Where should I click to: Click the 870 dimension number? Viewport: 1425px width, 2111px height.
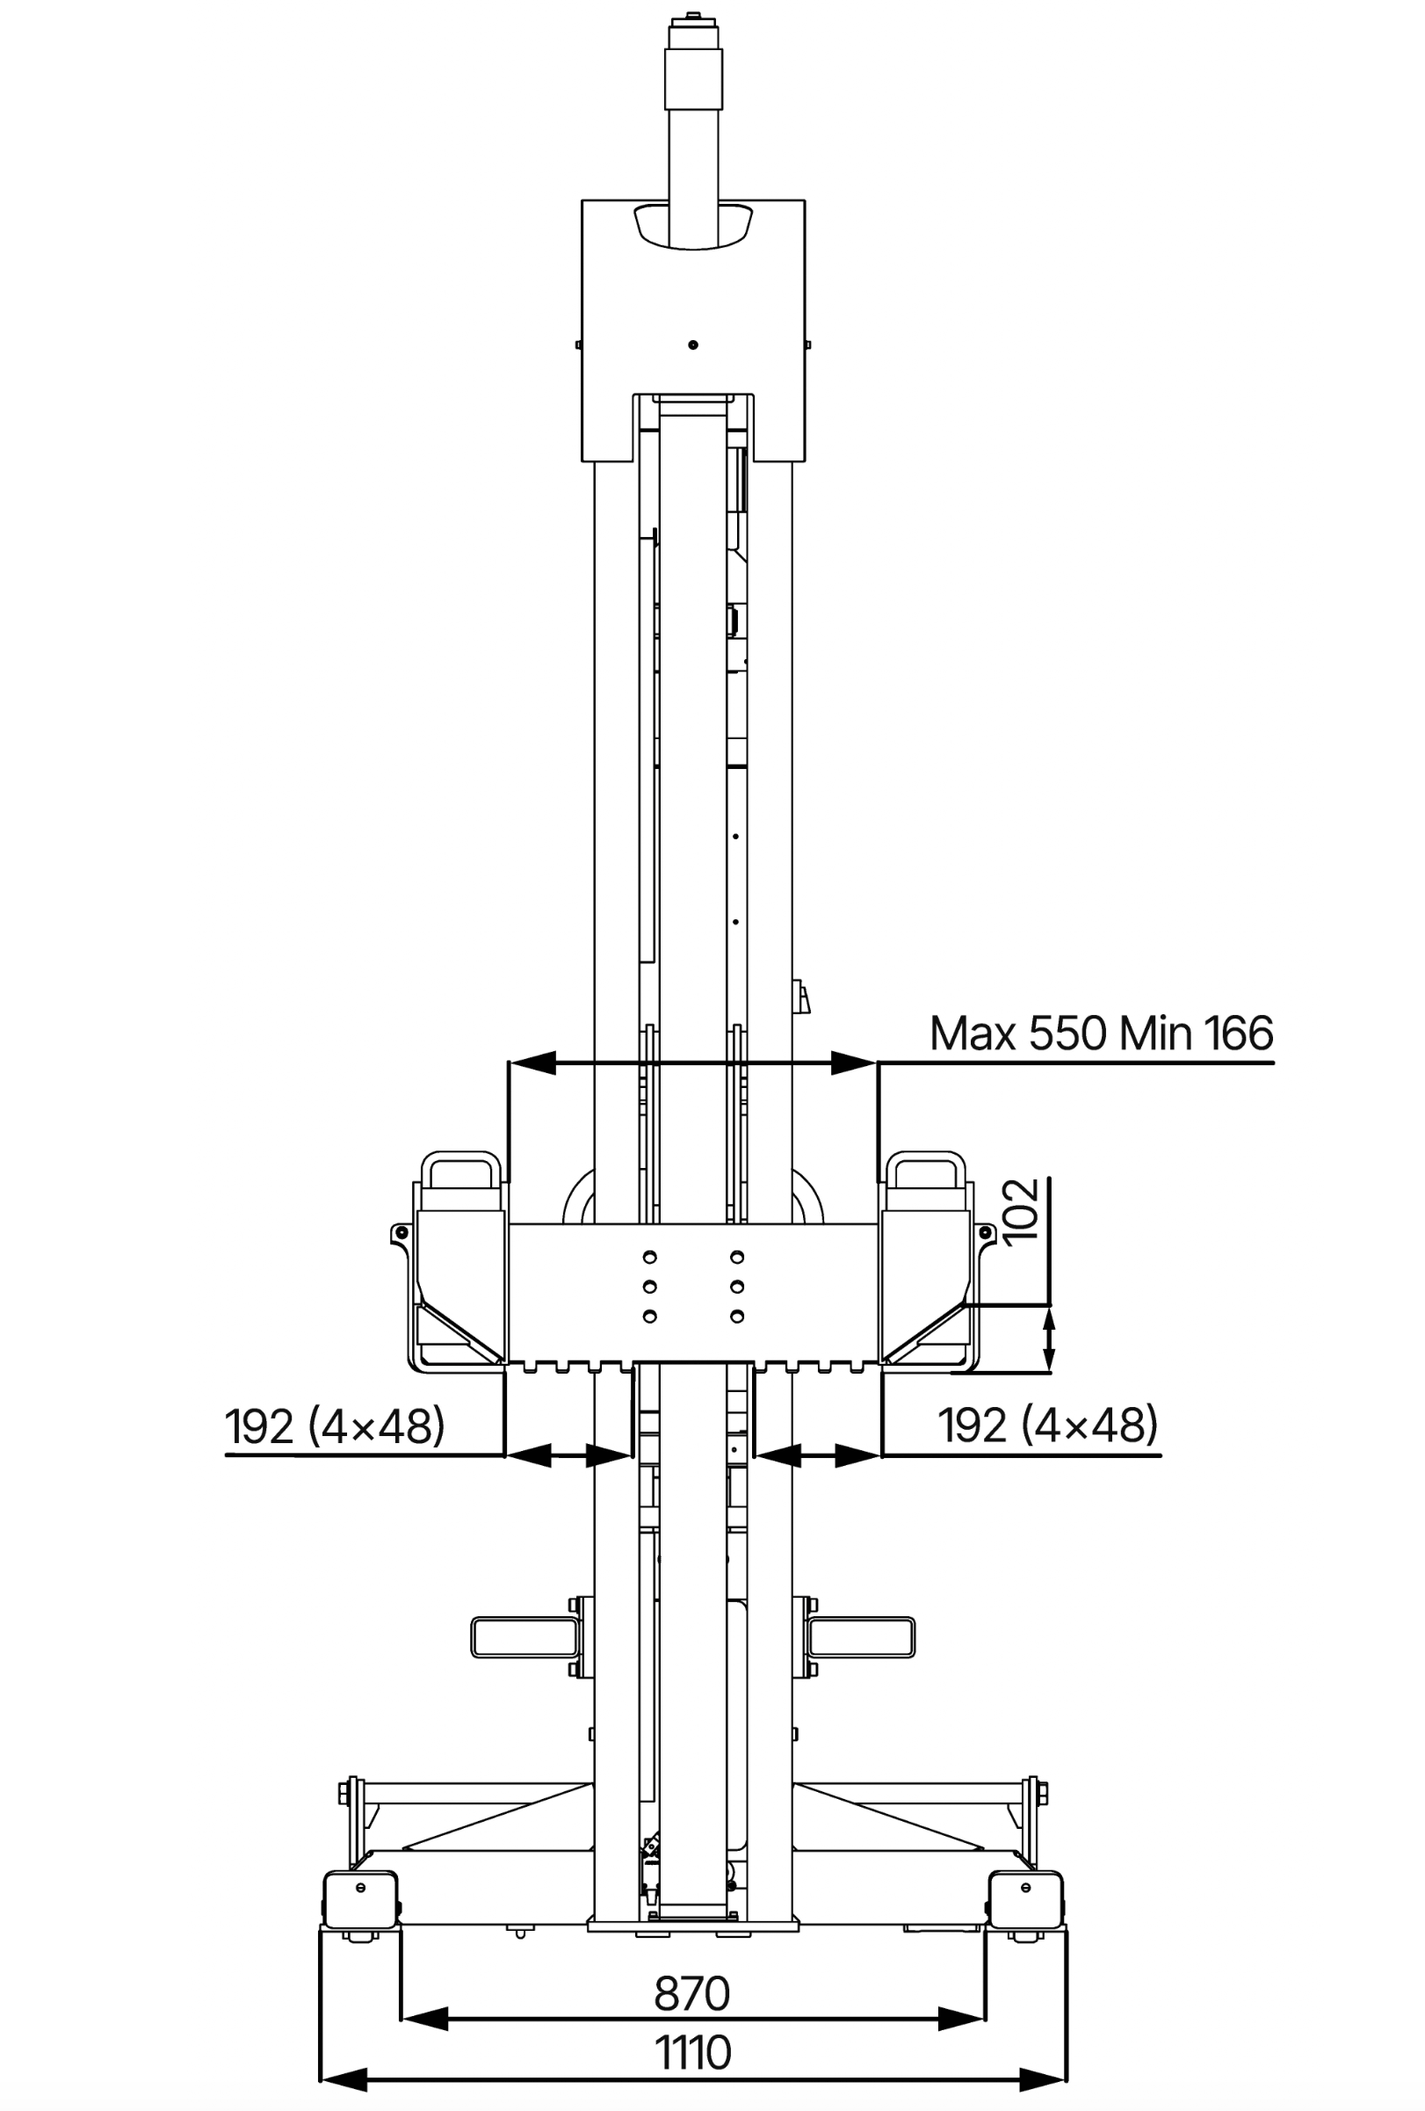(691, 1994)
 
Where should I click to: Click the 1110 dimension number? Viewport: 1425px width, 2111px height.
(693, 2052)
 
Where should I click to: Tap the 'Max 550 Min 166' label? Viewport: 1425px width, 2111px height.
(1101, 1033)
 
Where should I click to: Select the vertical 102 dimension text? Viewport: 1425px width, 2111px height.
(1023, 1209)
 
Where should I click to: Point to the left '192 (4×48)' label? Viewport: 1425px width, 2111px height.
(335, 1425)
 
